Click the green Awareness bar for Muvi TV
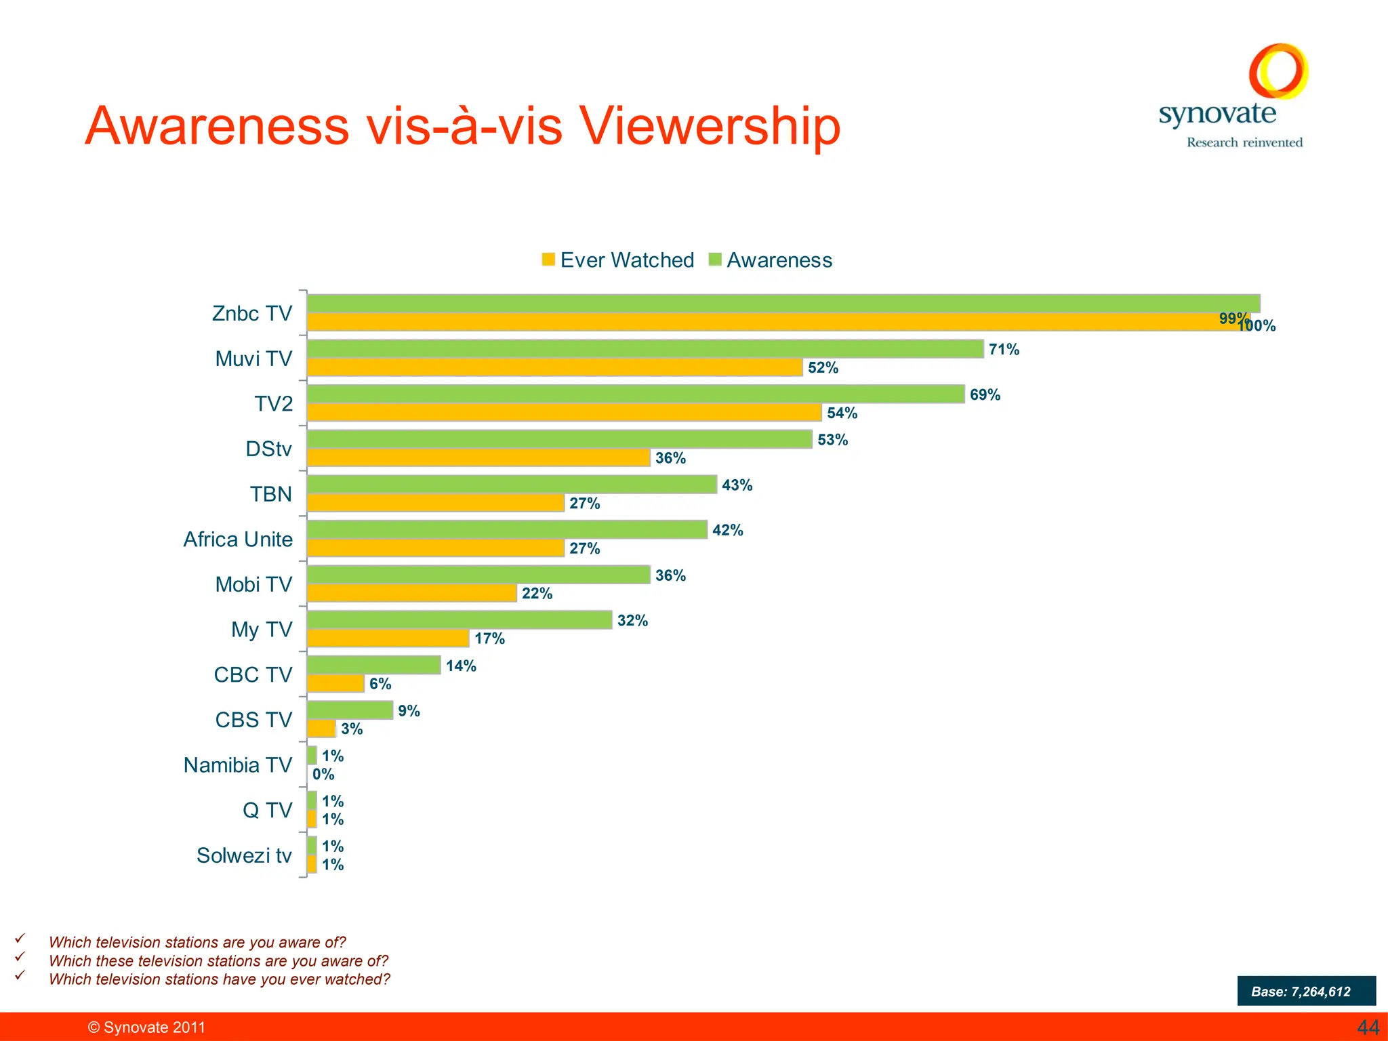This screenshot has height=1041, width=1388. click(644, 349)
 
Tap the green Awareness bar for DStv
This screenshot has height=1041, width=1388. click(559, 439)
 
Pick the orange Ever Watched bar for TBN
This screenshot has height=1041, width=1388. click(435, 503)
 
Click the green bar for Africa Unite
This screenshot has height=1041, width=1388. click(507, 530)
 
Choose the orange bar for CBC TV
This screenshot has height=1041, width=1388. click(335, 684)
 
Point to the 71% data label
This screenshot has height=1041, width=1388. click(1004, 350)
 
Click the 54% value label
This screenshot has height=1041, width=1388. click(842, 413)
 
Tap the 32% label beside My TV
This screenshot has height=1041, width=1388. click(632, 621)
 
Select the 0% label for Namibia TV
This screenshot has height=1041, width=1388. click(323, 775)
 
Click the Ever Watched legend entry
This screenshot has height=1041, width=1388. click(617, 260)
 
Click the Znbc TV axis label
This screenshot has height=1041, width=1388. click(251, 314)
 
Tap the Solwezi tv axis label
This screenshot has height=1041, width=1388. click(244, 856)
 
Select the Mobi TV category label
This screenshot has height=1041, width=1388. click(253, 585)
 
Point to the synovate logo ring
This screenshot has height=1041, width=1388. click(1278, 71)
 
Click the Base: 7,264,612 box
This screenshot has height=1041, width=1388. click(1306, 991)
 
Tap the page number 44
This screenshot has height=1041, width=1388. click(1367, 1027)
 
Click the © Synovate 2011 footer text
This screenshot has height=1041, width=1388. click(146, 1027)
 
